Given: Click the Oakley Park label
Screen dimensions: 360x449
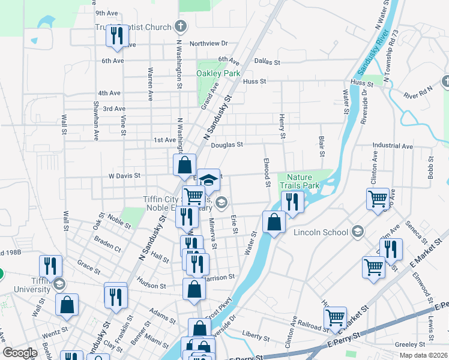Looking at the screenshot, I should coord(218,73).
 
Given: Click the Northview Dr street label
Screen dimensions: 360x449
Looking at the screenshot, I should coord(209,44).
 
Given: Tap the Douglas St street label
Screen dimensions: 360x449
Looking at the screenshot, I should coord(226,145).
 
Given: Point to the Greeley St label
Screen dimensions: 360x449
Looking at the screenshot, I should coord(410,344).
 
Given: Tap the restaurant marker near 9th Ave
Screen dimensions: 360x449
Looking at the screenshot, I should coord(115,35).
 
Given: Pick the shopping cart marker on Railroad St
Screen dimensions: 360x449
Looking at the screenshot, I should coord(335,317).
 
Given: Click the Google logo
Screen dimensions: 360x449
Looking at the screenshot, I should coord(20,353).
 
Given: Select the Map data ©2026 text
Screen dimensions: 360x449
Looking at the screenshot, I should coord(424,355).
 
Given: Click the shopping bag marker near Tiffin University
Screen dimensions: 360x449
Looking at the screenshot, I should coord(67,304).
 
